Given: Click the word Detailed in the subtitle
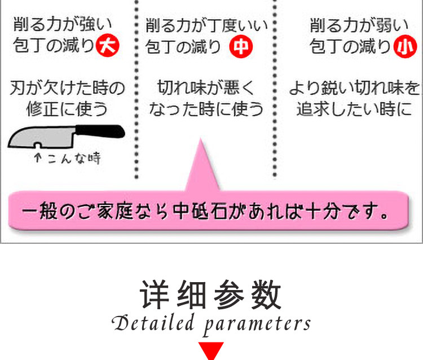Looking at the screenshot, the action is click(x=150, y=323).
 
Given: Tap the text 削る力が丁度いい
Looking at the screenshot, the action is click(x=206, y=25).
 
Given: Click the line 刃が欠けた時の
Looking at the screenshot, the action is click(x=67, y=88).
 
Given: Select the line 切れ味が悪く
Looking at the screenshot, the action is click(x=206, y=88).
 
